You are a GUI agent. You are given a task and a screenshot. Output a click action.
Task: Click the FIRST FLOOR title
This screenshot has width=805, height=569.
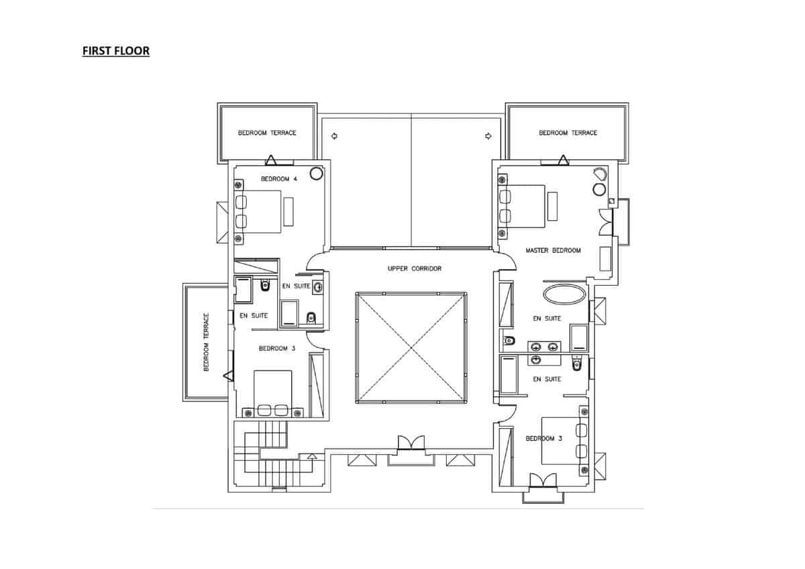[x=115, y=50]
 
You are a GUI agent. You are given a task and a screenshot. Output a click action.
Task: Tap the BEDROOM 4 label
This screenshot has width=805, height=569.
[x=278, y=178]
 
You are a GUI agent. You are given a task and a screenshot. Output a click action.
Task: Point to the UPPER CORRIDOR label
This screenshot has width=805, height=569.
[x=415, y=268]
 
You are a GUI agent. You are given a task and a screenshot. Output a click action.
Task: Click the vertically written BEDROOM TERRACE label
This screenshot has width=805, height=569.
[x=207, y=342]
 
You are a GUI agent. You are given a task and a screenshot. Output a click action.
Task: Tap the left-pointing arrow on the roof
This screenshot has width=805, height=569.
[x=334, y=136]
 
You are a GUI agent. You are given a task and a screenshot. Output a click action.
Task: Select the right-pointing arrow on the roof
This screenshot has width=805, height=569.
[x=488, y=136]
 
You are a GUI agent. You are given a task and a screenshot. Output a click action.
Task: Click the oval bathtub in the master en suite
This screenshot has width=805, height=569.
[x=564, y=294]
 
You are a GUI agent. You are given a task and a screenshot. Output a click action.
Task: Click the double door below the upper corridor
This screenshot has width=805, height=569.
[x=411, y=444]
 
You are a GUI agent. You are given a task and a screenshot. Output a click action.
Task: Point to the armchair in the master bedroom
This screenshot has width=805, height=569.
[x=598, y=174]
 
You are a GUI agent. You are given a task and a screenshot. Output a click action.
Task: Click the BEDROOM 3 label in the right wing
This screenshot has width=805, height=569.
[x=544, y=438]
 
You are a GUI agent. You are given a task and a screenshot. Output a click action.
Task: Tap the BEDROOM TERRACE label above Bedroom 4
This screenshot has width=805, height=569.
[x=267, y=133]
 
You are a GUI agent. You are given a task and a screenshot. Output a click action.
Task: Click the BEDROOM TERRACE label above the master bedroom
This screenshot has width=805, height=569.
[x=568, y=133]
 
